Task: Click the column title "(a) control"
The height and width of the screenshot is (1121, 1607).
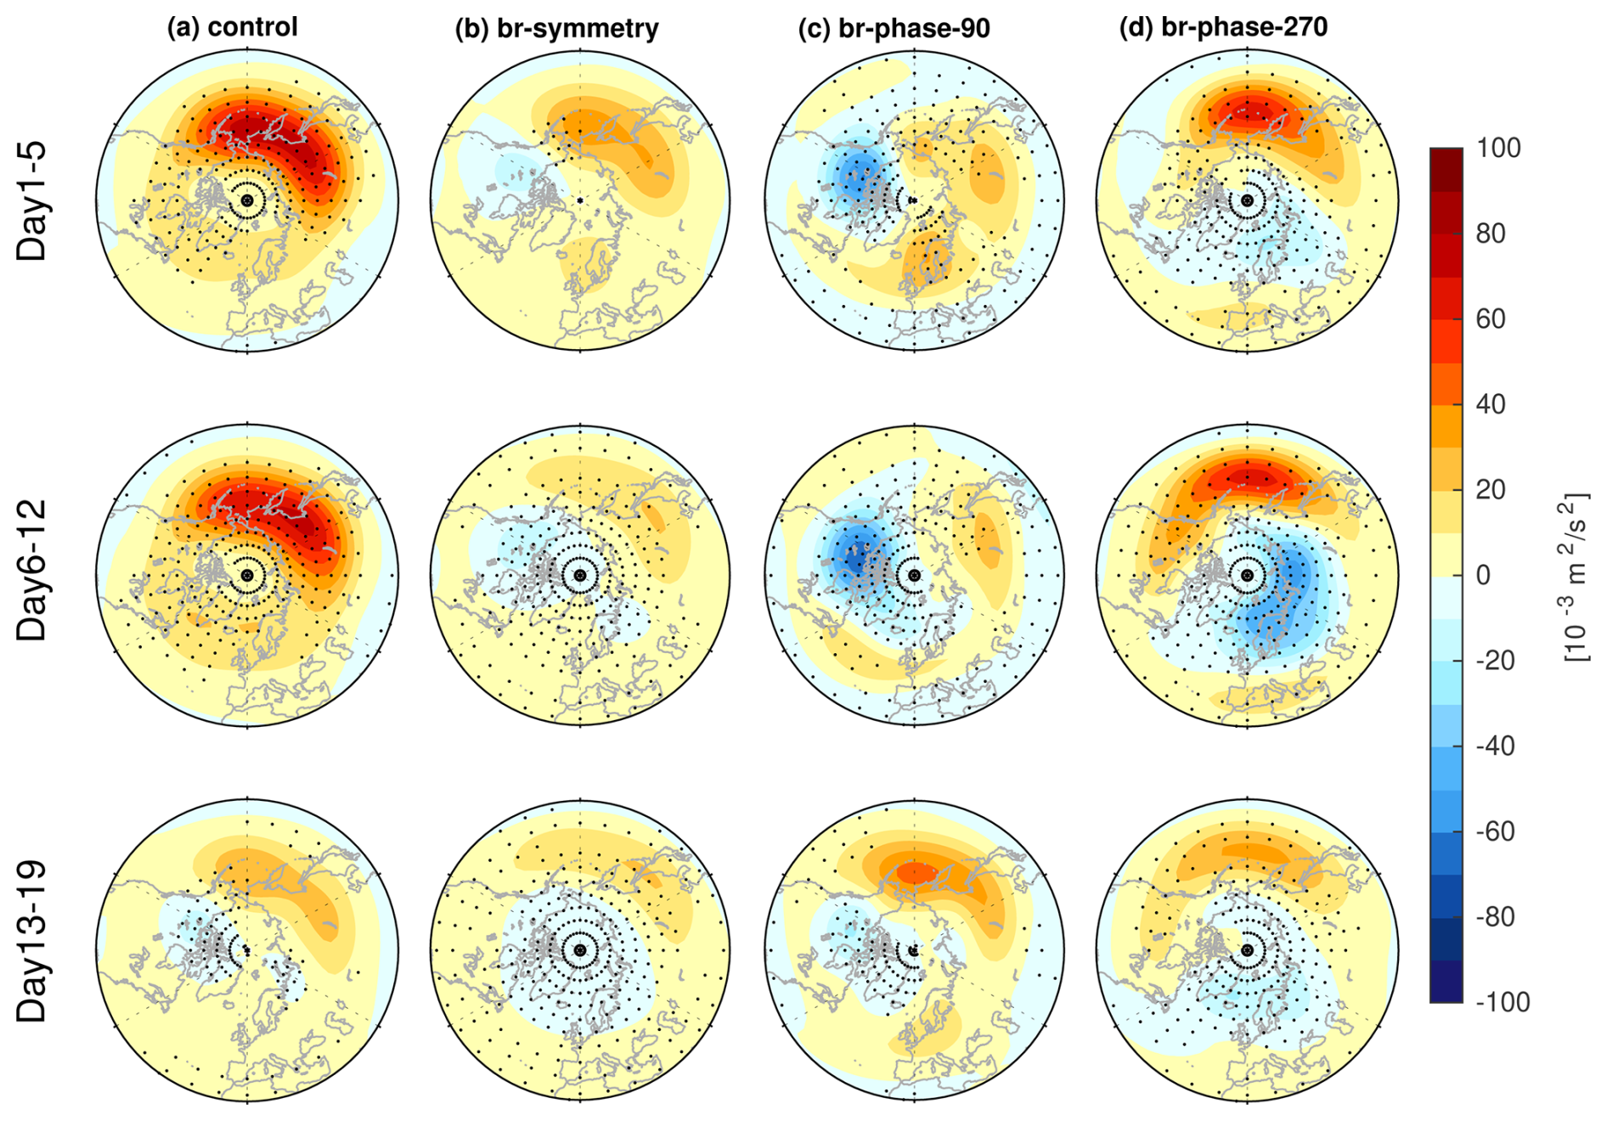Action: point(232,27)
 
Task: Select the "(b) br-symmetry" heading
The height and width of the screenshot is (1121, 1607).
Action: point(556,28)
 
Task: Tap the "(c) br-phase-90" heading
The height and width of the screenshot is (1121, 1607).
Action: point(894,28)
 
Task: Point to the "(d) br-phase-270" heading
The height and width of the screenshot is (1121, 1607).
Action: point(1223,27)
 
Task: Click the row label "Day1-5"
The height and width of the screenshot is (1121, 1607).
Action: point(32,200)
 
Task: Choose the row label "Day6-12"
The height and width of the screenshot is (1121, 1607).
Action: point(32,570)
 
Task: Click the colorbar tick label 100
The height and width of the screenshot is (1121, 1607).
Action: point(1498,148)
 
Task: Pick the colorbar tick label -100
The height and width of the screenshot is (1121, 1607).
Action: point(1503,1002)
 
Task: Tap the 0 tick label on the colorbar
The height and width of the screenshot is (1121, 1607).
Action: point(1483,575)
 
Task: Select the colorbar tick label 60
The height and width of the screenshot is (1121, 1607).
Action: point(1491,318)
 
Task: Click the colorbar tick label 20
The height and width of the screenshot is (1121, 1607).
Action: point(1491,489)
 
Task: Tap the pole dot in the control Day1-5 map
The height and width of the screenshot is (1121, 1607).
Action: point(247,200)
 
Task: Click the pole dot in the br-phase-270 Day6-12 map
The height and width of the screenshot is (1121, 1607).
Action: point(1247,575)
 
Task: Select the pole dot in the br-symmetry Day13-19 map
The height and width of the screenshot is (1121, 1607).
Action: point(580,949)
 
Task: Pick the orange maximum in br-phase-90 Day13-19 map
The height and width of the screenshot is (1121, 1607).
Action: point(917,872)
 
